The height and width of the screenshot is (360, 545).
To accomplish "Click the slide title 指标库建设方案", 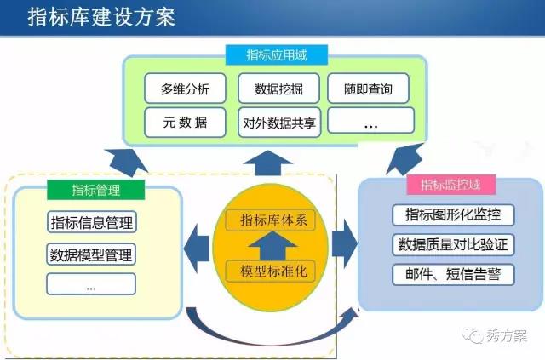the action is click(101, 17).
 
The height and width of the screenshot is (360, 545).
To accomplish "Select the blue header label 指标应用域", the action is click(277, 55).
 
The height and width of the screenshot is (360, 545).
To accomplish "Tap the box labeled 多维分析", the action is click(185, 89).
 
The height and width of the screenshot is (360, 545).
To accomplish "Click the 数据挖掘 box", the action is click(278, 89).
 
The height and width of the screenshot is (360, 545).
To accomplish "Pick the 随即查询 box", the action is click(368, 89).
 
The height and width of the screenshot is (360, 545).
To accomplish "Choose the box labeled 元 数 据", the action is click(185, 123).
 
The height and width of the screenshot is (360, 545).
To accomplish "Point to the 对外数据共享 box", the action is click(279, 123).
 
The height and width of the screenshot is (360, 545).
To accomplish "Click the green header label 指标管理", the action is click(96, 190).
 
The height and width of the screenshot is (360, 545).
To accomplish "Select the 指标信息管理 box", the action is click(92, 222).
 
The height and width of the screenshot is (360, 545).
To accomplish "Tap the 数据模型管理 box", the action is click(91, 254).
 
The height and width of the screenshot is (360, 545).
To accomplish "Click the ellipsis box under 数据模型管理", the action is click(91, 284).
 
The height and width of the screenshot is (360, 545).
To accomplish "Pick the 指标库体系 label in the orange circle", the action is click(271, 220).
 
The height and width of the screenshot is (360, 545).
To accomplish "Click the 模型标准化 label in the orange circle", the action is click(271, 271).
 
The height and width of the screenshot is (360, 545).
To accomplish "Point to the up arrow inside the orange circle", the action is click(272, 246).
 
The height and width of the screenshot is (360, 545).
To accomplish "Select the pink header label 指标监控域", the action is click(450, 185).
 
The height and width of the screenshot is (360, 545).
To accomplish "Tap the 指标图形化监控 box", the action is click(453, 214).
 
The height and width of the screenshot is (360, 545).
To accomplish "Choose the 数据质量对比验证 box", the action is click(453, 244).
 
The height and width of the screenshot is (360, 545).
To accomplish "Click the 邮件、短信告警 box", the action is click(453, 275).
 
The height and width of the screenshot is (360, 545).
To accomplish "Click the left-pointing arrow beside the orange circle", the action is click(197, 248).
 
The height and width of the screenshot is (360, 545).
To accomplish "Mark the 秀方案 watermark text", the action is click(507, 335).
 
